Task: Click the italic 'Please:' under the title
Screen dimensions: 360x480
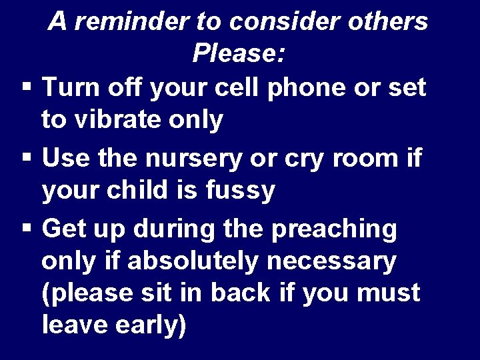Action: (x=239, y=53)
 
